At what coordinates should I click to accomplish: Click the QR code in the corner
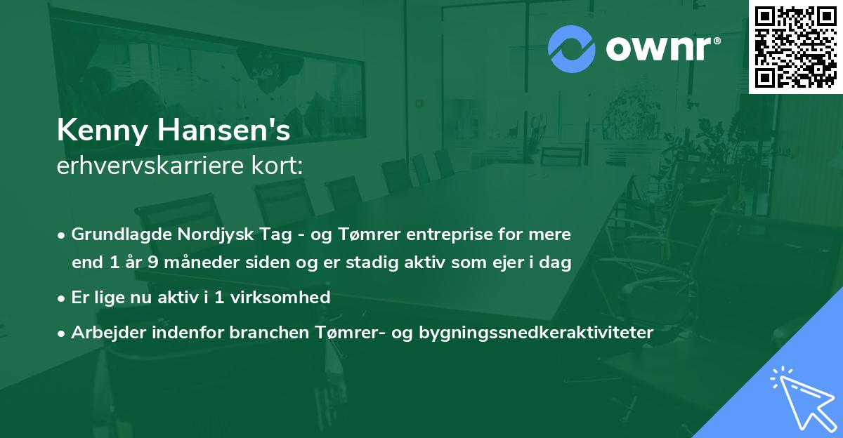pyautogui.click(x=795, y=47)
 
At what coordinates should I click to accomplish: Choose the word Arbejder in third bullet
pyautogui.click(x=103, y=332)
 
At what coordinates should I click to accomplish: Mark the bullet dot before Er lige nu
pyautogui.click(x=63, y=298)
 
